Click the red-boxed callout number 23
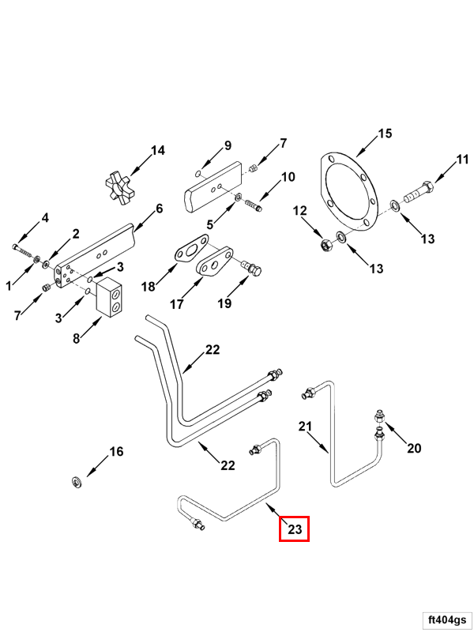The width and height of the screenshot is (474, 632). coord(294,529)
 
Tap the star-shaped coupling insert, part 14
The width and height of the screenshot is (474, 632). coord(118,186)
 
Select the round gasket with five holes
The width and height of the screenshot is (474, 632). coord(350,191)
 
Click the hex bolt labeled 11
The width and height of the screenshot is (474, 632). coord(419,193)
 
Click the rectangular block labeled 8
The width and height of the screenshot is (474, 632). coord(109,299)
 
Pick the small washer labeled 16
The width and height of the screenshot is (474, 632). coord(76,482)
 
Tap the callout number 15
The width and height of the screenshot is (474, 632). coord(385,134)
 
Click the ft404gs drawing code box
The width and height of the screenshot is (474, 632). coord(446,619)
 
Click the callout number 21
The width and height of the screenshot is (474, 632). coord(305,426)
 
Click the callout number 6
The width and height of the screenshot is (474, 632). coord(160,209)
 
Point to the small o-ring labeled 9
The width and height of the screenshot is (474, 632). coord(198,174)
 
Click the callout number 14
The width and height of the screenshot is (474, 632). coord(158,150)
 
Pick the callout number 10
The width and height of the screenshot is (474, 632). coord(288,176)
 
